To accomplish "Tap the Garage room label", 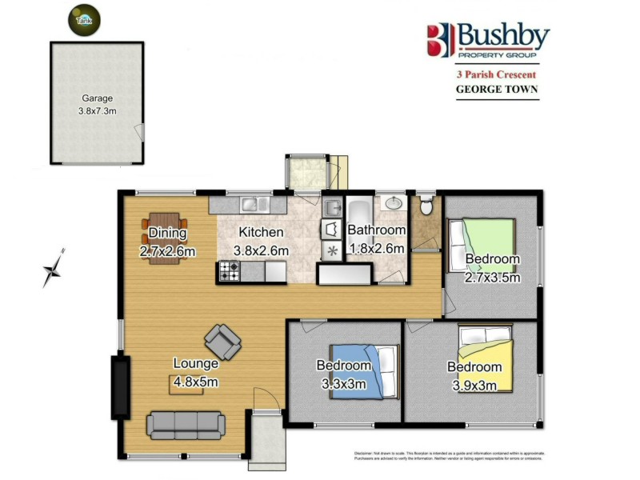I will [97, 99].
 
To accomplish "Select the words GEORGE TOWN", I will [496, 90].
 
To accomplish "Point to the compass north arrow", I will [54, 269].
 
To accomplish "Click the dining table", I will [166, 229].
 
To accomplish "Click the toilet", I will [426, 206].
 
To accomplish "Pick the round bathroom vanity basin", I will [393, 202].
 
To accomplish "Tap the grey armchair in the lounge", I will [222, 342].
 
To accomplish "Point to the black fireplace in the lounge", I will [120, 388].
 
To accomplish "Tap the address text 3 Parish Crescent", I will [496, 74].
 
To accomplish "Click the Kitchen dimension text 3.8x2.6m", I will [261, 250].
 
